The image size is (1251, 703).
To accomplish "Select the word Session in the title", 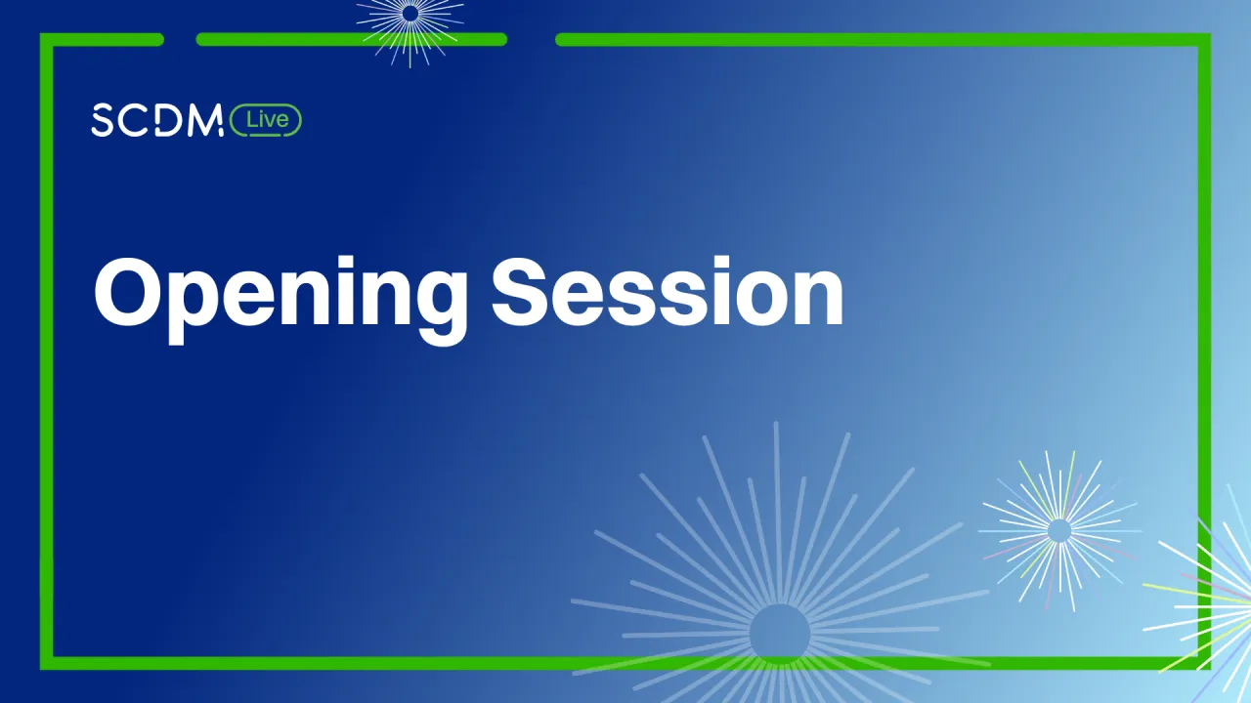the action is (668, 291).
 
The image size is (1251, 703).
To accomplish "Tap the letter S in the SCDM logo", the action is (103, 119).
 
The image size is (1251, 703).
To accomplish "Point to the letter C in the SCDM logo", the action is (135, 119).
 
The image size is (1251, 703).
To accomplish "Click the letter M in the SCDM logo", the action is (205, 119).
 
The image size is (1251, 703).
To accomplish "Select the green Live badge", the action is (266, 120).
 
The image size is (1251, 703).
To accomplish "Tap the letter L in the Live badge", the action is (251, 119).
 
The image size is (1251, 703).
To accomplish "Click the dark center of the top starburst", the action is (410, 14).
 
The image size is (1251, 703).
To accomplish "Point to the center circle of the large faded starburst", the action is (780, 634).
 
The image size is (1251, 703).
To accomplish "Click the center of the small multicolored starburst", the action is (1058, 530).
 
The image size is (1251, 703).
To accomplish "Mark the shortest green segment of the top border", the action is (103, 40).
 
